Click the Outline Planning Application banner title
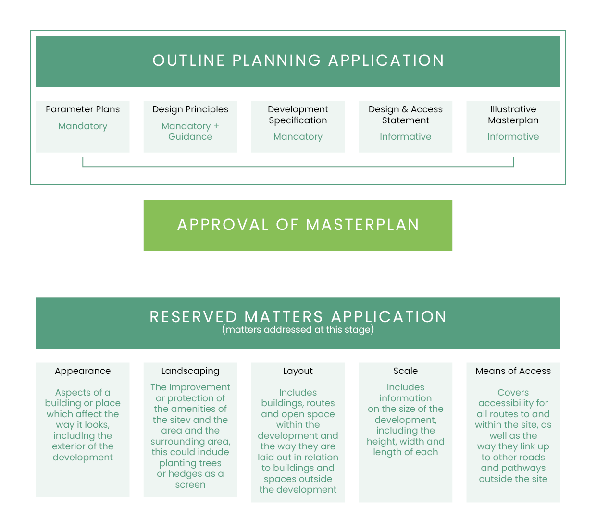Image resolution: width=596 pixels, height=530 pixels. (x=298, y=60)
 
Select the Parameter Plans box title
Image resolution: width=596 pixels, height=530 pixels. (x=83, y=109)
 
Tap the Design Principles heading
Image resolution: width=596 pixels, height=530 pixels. (x=190, y=109)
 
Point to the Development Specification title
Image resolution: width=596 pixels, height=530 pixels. (x=298, y=115)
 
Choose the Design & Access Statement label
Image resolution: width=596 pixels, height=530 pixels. (x=406, y=115)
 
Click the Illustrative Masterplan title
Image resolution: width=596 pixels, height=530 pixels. (x=513, y=115)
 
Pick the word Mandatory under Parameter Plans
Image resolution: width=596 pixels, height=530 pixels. (x=83, y=126)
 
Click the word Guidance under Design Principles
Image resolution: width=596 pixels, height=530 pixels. (x=190, y=137)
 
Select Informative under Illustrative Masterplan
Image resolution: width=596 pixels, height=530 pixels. (x=513, y=137)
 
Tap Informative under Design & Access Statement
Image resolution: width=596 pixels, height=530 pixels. (x=406, y=137)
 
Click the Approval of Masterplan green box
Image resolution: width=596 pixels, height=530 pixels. (x=298, y=225)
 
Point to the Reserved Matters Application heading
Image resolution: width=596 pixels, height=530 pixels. (x=298, y=316)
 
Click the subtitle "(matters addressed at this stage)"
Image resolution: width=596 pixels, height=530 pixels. (x=298, y=330)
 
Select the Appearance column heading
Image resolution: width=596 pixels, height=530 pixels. (x=83, y=371)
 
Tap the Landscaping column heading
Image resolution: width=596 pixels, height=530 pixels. (x=190, y=371)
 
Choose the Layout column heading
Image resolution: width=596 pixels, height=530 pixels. (x=298, y=371)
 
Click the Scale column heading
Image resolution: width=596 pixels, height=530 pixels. (x=406, y=371)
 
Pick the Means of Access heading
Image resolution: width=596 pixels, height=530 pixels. (x=513, y=371)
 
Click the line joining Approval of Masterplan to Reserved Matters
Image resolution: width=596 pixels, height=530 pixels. (x=298, y=274)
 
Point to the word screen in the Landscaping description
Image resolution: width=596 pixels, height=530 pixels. (x=190, y=485)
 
